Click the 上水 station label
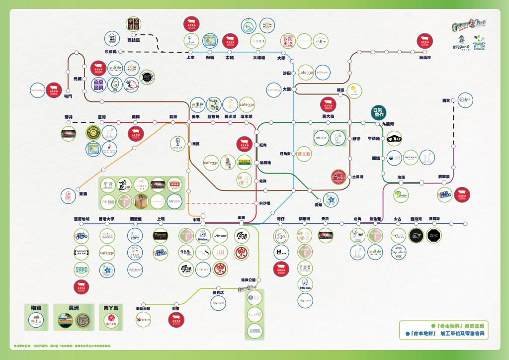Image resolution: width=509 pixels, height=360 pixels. (x=190, y=58)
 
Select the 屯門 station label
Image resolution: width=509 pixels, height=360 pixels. (x=68, y=96)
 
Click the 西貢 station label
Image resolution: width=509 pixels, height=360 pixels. (x=446, y=100)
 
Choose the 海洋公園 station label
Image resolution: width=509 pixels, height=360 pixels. (x=248, y=280)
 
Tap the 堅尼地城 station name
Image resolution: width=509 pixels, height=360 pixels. (x=81, y=219)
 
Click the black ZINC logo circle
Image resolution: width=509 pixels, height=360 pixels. (x=433, y=236)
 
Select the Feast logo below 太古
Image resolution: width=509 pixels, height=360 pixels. (x=398, y=236)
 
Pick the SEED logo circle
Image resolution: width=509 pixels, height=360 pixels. (x=82, y=270)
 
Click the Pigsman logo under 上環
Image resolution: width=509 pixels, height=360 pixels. (x=160, y=236)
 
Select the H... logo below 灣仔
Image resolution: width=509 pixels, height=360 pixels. (x=281, y=253)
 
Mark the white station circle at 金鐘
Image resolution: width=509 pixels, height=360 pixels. (x=241, y=223)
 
